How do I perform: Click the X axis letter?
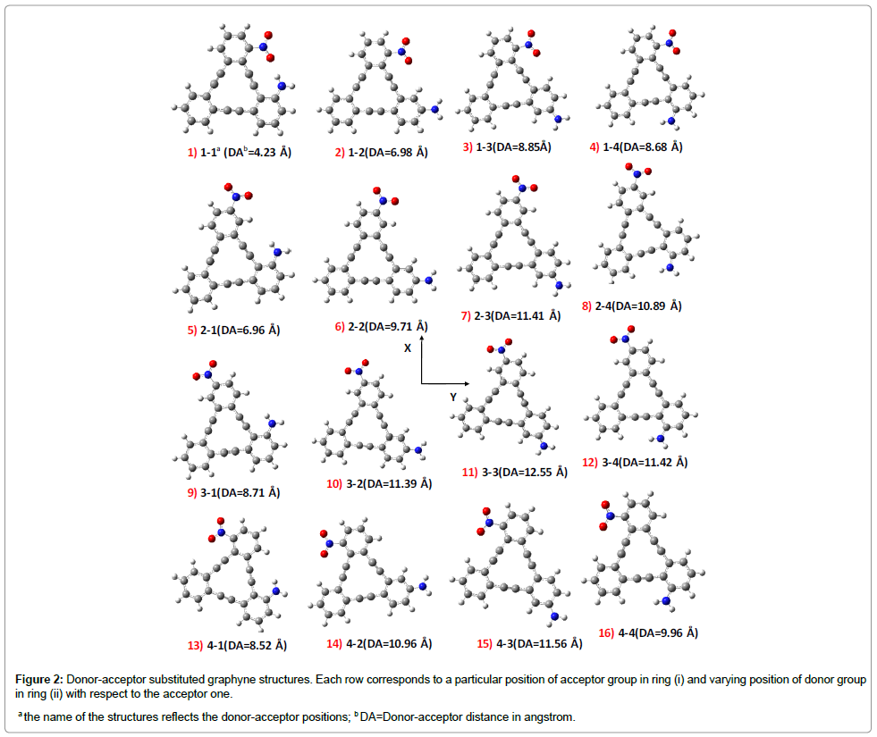(x=408, y=348)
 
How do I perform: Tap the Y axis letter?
(x=453, y=396)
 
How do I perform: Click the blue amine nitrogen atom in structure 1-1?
(x=282, y=86)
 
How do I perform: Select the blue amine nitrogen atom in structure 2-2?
(x=428, y=281)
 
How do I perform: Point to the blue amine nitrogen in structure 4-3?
(x=554, y=616)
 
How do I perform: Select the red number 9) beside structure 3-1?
(x=191, y=492)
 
